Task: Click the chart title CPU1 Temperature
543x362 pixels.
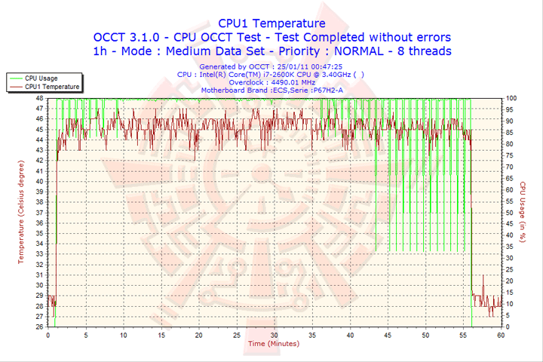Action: (x=271, y=23)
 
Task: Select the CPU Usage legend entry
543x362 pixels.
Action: (x=41, y=78)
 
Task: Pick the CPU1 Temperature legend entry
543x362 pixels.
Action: (x=51, y=86)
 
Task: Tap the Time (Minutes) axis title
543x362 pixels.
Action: (x=273, y=343)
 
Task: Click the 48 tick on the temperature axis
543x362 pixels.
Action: (x=39, y=98)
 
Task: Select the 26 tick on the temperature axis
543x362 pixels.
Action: (x=39, y=327)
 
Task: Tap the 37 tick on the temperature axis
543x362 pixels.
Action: (x=39, y=212)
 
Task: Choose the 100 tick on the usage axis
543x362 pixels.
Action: (x=511, y=98)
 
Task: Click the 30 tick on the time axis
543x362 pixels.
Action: (x=275, y=335)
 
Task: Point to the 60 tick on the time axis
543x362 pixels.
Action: (x=501, y=335)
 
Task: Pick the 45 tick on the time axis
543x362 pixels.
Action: (x=388, y=335)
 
